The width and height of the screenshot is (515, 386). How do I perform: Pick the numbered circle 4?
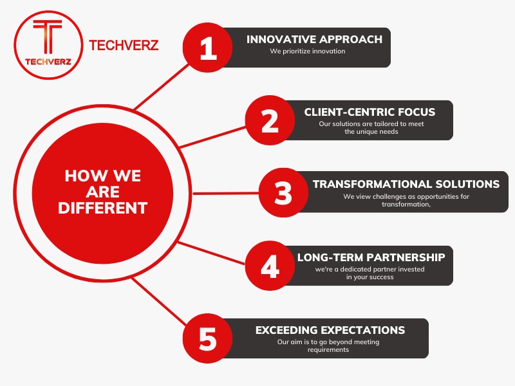click(x=270, y=266)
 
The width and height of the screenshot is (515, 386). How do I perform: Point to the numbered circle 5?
click(x=207, y=338)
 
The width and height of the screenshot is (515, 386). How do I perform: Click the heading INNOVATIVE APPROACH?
click(x=314, y=39)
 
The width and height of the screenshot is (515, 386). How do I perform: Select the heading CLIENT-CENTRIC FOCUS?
click(x=370, y=112)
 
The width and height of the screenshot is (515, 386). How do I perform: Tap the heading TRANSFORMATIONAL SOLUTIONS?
click(x=406, y=184)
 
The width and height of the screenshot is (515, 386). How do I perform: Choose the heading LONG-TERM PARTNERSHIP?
click(x=371, y=257)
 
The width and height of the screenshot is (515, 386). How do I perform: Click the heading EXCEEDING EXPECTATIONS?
click(x=330, y=330)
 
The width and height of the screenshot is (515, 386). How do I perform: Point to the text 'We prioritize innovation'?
click(x=308, y=51)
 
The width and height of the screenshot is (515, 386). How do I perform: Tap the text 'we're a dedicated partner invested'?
click(x=370, y=269)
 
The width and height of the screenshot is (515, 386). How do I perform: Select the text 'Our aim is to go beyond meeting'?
click(x=328, y=342)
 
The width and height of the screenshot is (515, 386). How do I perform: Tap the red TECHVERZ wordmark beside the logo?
click(x=124, y=45)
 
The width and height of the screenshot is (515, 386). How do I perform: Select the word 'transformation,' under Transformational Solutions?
click(x=406, y=205)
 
